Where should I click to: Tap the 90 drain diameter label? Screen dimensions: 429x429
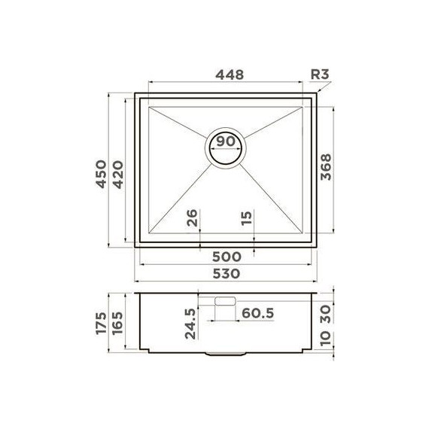click(225, 141)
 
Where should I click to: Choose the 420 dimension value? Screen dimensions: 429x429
click(120, 174)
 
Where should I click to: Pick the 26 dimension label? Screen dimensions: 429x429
click(192, 219)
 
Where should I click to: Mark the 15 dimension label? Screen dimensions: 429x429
click(247, 219)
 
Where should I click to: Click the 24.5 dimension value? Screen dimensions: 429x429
click(190, 323)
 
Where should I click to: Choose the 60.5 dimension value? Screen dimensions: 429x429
click(260, 311)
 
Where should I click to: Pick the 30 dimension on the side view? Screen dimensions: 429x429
click(325, 310)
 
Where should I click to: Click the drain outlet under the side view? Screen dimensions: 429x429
click(225, 353)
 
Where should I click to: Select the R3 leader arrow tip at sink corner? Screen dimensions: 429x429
click(315, 96)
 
